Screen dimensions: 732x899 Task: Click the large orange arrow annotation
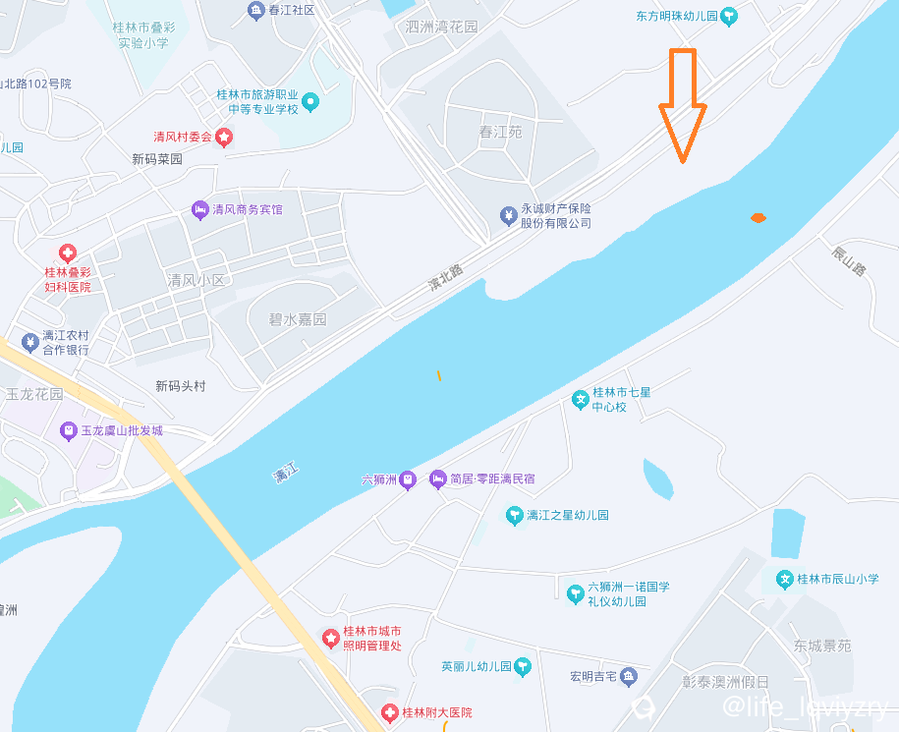(682, 104)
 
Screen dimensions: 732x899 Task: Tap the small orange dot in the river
(758, 217)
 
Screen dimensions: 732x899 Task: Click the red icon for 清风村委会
(224, 137)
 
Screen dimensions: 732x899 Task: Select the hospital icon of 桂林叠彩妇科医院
(68, 253)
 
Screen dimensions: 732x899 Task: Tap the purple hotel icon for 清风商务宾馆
(199, 209)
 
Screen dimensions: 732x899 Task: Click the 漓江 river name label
(285, 474)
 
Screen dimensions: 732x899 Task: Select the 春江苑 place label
(500, 132)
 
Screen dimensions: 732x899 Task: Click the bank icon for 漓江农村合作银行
(29, 342)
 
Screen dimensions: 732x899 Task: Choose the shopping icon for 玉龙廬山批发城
(68, 430)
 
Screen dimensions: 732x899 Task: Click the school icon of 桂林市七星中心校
(581, 399)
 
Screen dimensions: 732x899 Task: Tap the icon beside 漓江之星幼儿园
(513, 515)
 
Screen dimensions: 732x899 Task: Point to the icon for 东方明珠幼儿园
(729, 16)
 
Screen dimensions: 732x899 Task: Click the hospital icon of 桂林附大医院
(391, 712)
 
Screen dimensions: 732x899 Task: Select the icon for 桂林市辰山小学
(785, 580)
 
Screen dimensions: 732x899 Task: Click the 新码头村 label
(181, 386)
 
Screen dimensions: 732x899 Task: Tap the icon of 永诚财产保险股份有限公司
(508, 215)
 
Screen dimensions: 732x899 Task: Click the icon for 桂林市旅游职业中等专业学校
(310, 101)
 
